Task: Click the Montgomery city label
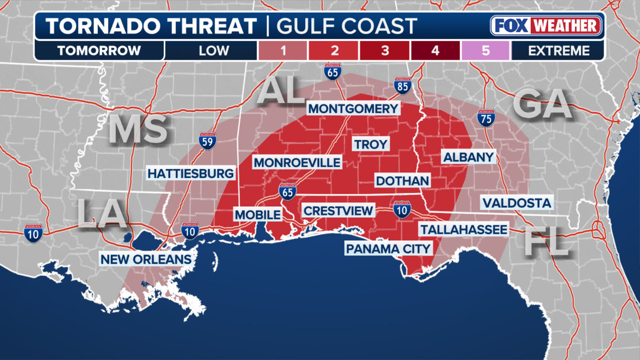(x=353, y=109)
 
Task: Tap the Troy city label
(x=371, y=144)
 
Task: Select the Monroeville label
(x=297, y=162)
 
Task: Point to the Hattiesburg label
(x=191, y=173)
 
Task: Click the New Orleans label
(x=146, y=259)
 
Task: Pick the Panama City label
(x=389, y=248)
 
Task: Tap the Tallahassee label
(x=463, y=229)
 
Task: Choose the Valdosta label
(x=517, y=202)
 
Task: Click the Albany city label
(x=468, y=157)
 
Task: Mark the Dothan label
(x=402, y=180)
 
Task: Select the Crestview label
(x=338, y=211)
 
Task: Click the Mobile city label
(x=257, y=214)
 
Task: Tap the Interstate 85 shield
(x=403, y=86)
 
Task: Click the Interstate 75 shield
(x=486, y=118)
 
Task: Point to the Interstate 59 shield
(x=207, y=141)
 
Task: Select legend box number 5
(x=485, y=51)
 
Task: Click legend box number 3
(x=385, y=51)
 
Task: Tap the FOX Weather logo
(x=547, y=26)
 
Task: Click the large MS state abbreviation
(x=138, y=129)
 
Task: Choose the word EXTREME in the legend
(x=559, y=51)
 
